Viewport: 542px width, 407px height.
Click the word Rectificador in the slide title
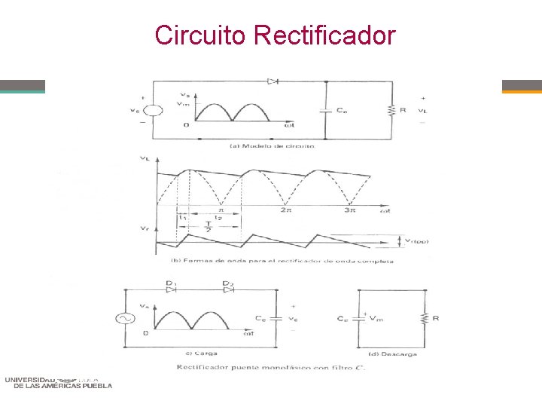coord(324,35)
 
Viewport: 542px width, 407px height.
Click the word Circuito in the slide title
coord(201,35)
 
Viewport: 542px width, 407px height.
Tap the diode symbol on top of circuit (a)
coord(273,81)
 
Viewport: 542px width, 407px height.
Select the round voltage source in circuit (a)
coord(153,110)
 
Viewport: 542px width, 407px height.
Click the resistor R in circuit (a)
coord(391,110)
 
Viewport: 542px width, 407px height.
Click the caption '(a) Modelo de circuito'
coord(272,145)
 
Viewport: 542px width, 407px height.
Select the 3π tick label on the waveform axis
coord(351,210)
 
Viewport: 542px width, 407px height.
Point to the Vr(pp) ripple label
coord(415,241)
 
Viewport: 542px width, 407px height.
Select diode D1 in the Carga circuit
coord(170,286)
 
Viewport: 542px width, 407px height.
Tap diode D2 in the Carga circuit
coord(227,286)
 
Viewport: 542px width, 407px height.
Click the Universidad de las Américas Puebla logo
coord(58,381)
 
